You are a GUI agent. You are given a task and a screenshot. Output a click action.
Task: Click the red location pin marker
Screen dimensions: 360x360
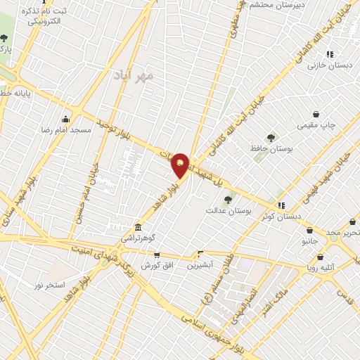tap(181, 165)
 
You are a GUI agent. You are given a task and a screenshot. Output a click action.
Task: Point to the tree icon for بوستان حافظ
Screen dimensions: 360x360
tap(271, 137)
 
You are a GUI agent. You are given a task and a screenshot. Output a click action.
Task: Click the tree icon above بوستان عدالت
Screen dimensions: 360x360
tap(227, 200)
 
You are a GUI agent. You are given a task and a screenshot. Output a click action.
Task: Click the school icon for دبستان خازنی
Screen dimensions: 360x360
tap(330, 53)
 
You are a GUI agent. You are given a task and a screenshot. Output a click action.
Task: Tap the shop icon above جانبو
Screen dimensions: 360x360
tap(309, 230)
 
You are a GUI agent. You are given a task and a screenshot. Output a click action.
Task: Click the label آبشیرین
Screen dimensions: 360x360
tap(202, 266)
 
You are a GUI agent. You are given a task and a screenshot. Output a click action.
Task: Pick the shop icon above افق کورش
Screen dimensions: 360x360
tap(156, 255)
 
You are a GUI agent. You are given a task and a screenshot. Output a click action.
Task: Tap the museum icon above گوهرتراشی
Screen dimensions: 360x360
tap(137, 228)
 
